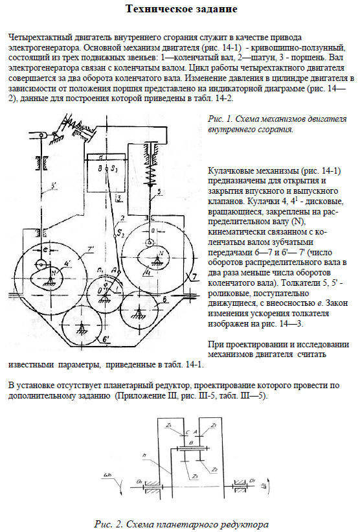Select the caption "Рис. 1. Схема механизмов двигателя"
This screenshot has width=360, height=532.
(x=277, y=119)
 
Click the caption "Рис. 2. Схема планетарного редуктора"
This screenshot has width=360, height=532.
(x=181, y=524)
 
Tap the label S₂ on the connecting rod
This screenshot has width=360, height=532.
(x=120, y=233)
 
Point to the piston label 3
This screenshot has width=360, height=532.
(x=118, y=198)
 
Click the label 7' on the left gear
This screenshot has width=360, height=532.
(x=91, y=249)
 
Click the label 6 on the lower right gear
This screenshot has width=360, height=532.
(x=164, y=299)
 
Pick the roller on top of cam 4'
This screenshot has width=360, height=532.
(x=41, y=264)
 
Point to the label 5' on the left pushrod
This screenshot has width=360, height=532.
(x=54, y=185)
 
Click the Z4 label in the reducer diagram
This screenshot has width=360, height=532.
(x=170, y=425)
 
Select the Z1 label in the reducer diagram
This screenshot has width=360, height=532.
(x=214, y=425)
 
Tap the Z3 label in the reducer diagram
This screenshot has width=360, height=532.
(x=195, y=477)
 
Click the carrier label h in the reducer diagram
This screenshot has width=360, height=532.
(x=144, y=456)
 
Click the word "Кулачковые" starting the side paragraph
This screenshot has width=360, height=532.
(x=231, y=170)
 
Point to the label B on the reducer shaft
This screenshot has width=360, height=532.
(x=191, y=443)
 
